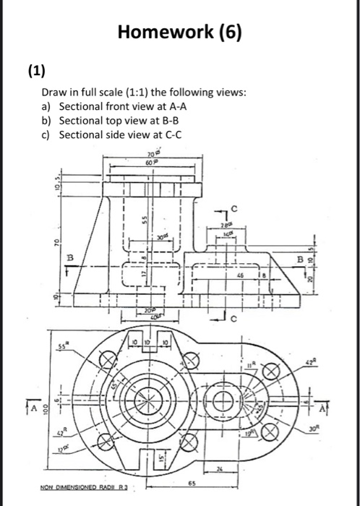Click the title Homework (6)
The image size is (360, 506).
point(180,33)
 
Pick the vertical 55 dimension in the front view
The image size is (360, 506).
point(145,216)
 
